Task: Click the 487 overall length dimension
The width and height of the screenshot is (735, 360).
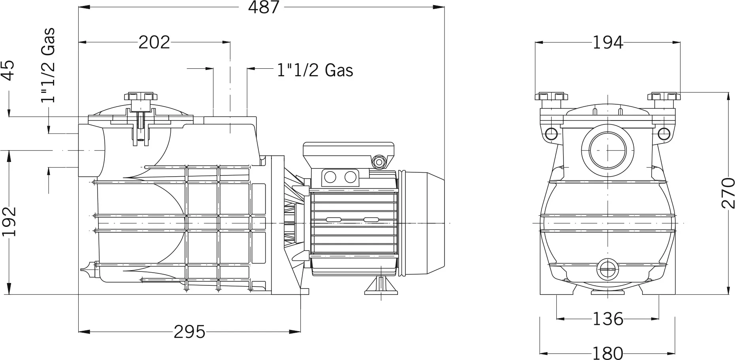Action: coord(264,7)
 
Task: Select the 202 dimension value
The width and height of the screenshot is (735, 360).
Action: coord(154,42)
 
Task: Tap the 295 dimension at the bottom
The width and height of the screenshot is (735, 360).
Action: coord(190,332)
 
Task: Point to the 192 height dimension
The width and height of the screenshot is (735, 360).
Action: coord(9,221)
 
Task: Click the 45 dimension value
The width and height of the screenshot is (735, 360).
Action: coord(8,70)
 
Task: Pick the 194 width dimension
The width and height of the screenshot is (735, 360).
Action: coord(608,42)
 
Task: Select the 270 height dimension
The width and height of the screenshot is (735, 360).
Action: coord(728,193)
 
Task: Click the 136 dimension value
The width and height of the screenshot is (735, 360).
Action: coord(608,319)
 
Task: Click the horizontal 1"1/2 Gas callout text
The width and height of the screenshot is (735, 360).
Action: coord(315,70)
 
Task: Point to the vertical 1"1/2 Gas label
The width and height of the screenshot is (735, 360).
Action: coord(48,65)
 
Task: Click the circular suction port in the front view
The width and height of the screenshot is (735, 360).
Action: coord(608,150)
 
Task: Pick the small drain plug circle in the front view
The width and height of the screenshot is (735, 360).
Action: coord(608,270)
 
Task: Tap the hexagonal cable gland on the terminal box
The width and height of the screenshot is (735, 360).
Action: coord(379,162)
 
